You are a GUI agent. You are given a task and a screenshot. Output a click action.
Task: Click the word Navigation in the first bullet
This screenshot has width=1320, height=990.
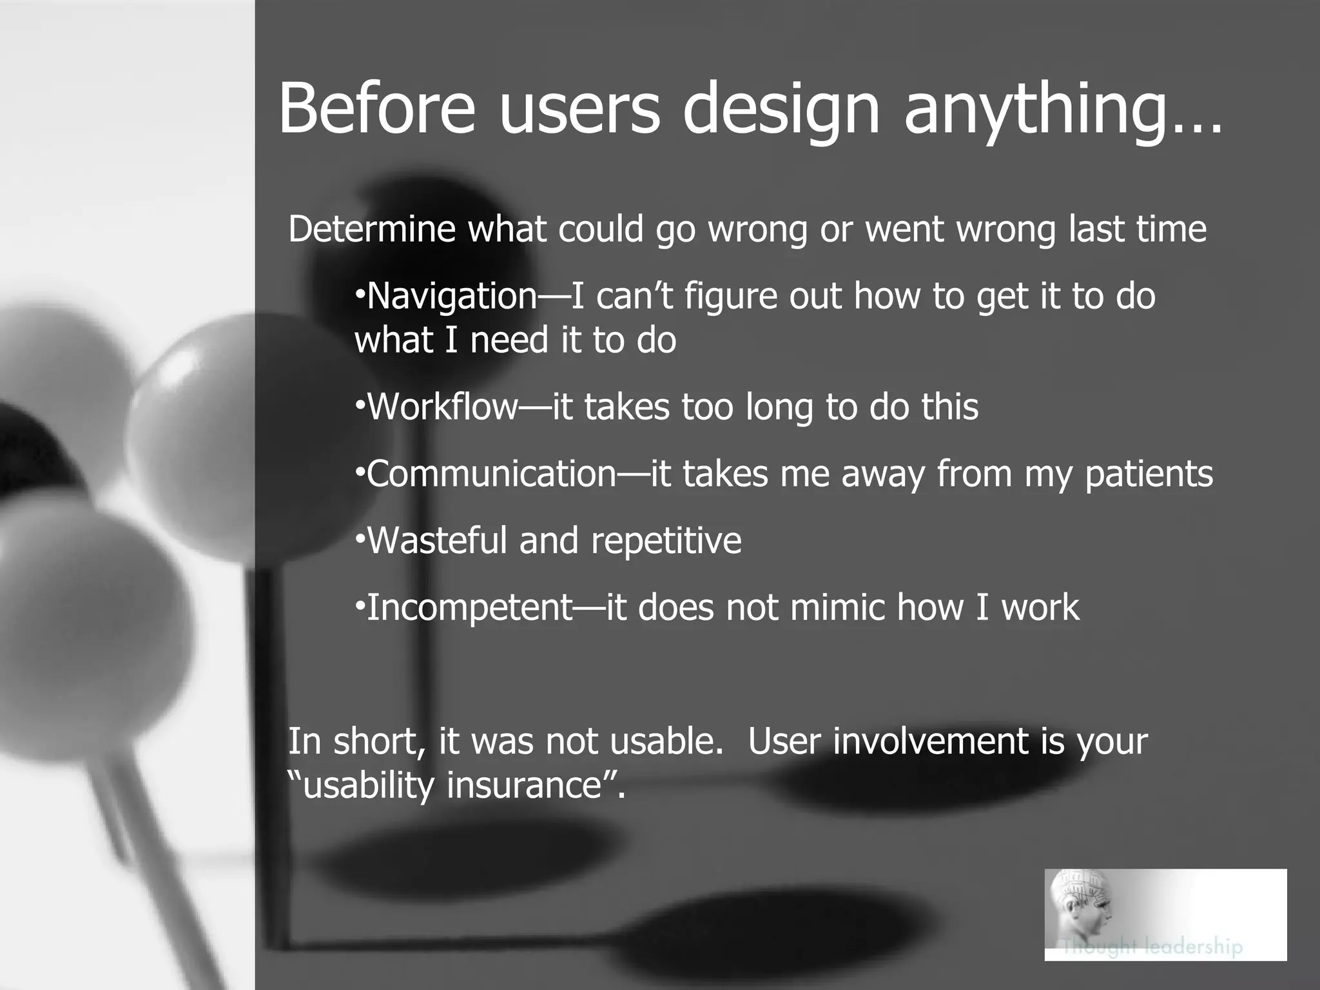(451, 296)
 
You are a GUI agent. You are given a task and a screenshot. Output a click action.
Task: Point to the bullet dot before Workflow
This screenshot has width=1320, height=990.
(360, 406)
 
